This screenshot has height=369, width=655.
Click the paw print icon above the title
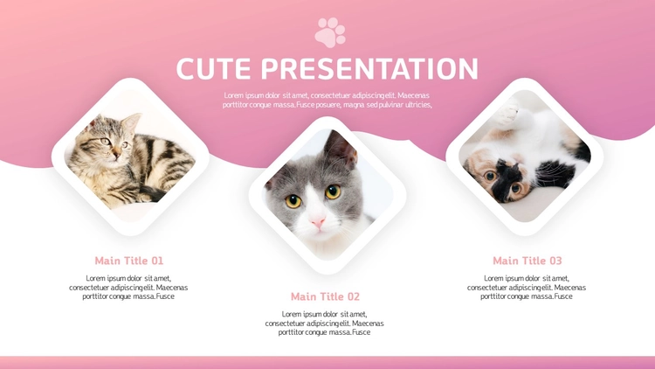[x=330, y=32]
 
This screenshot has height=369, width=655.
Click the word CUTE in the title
[x=213, y=68]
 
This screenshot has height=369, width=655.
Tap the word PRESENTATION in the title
[x=369, y=68]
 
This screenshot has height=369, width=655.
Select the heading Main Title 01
[x=129, y=261]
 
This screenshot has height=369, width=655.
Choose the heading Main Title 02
[x=325, y=296]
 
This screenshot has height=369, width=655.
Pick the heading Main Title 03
[x=527, y=261]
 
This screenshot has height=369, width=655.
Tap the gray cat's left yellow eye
[x=293, y=201]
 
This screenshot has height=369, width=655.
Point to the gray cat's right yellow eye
[x=333, y=191]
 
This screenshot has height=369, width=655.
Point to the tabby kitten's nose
[x=116, y=154]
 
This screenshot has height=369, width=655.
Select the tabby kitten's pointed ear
[x=132, y=122]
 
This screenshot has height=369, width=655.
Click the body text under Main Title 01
[x=128, y=288]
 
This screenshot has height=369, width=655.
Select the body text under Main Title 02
[x=325, y=324]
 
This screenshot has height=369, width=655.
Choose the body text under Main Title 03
[x=527, y=288]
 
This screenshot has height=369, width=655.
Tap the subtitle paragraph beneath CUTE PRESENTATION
[x=327, y=101]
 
